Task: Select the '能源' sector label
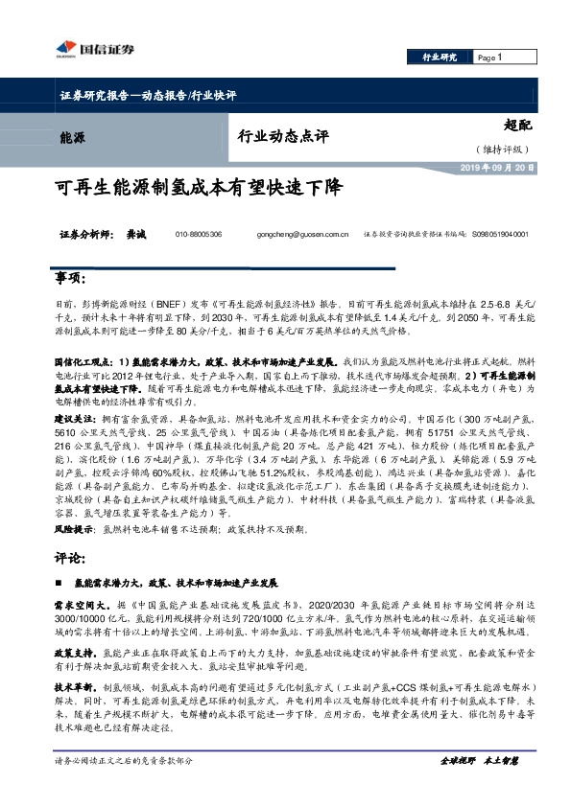click(72, 137)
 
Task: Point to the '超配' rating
click(518, 124)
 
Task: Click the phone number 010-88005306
click(199, 234)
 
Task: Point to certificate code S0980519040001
click(500, 234)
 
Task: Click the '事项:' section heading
click(71, 278)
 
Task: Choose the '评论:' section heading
click(71, 555)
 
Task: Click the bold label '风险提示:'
click(76, 527)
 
